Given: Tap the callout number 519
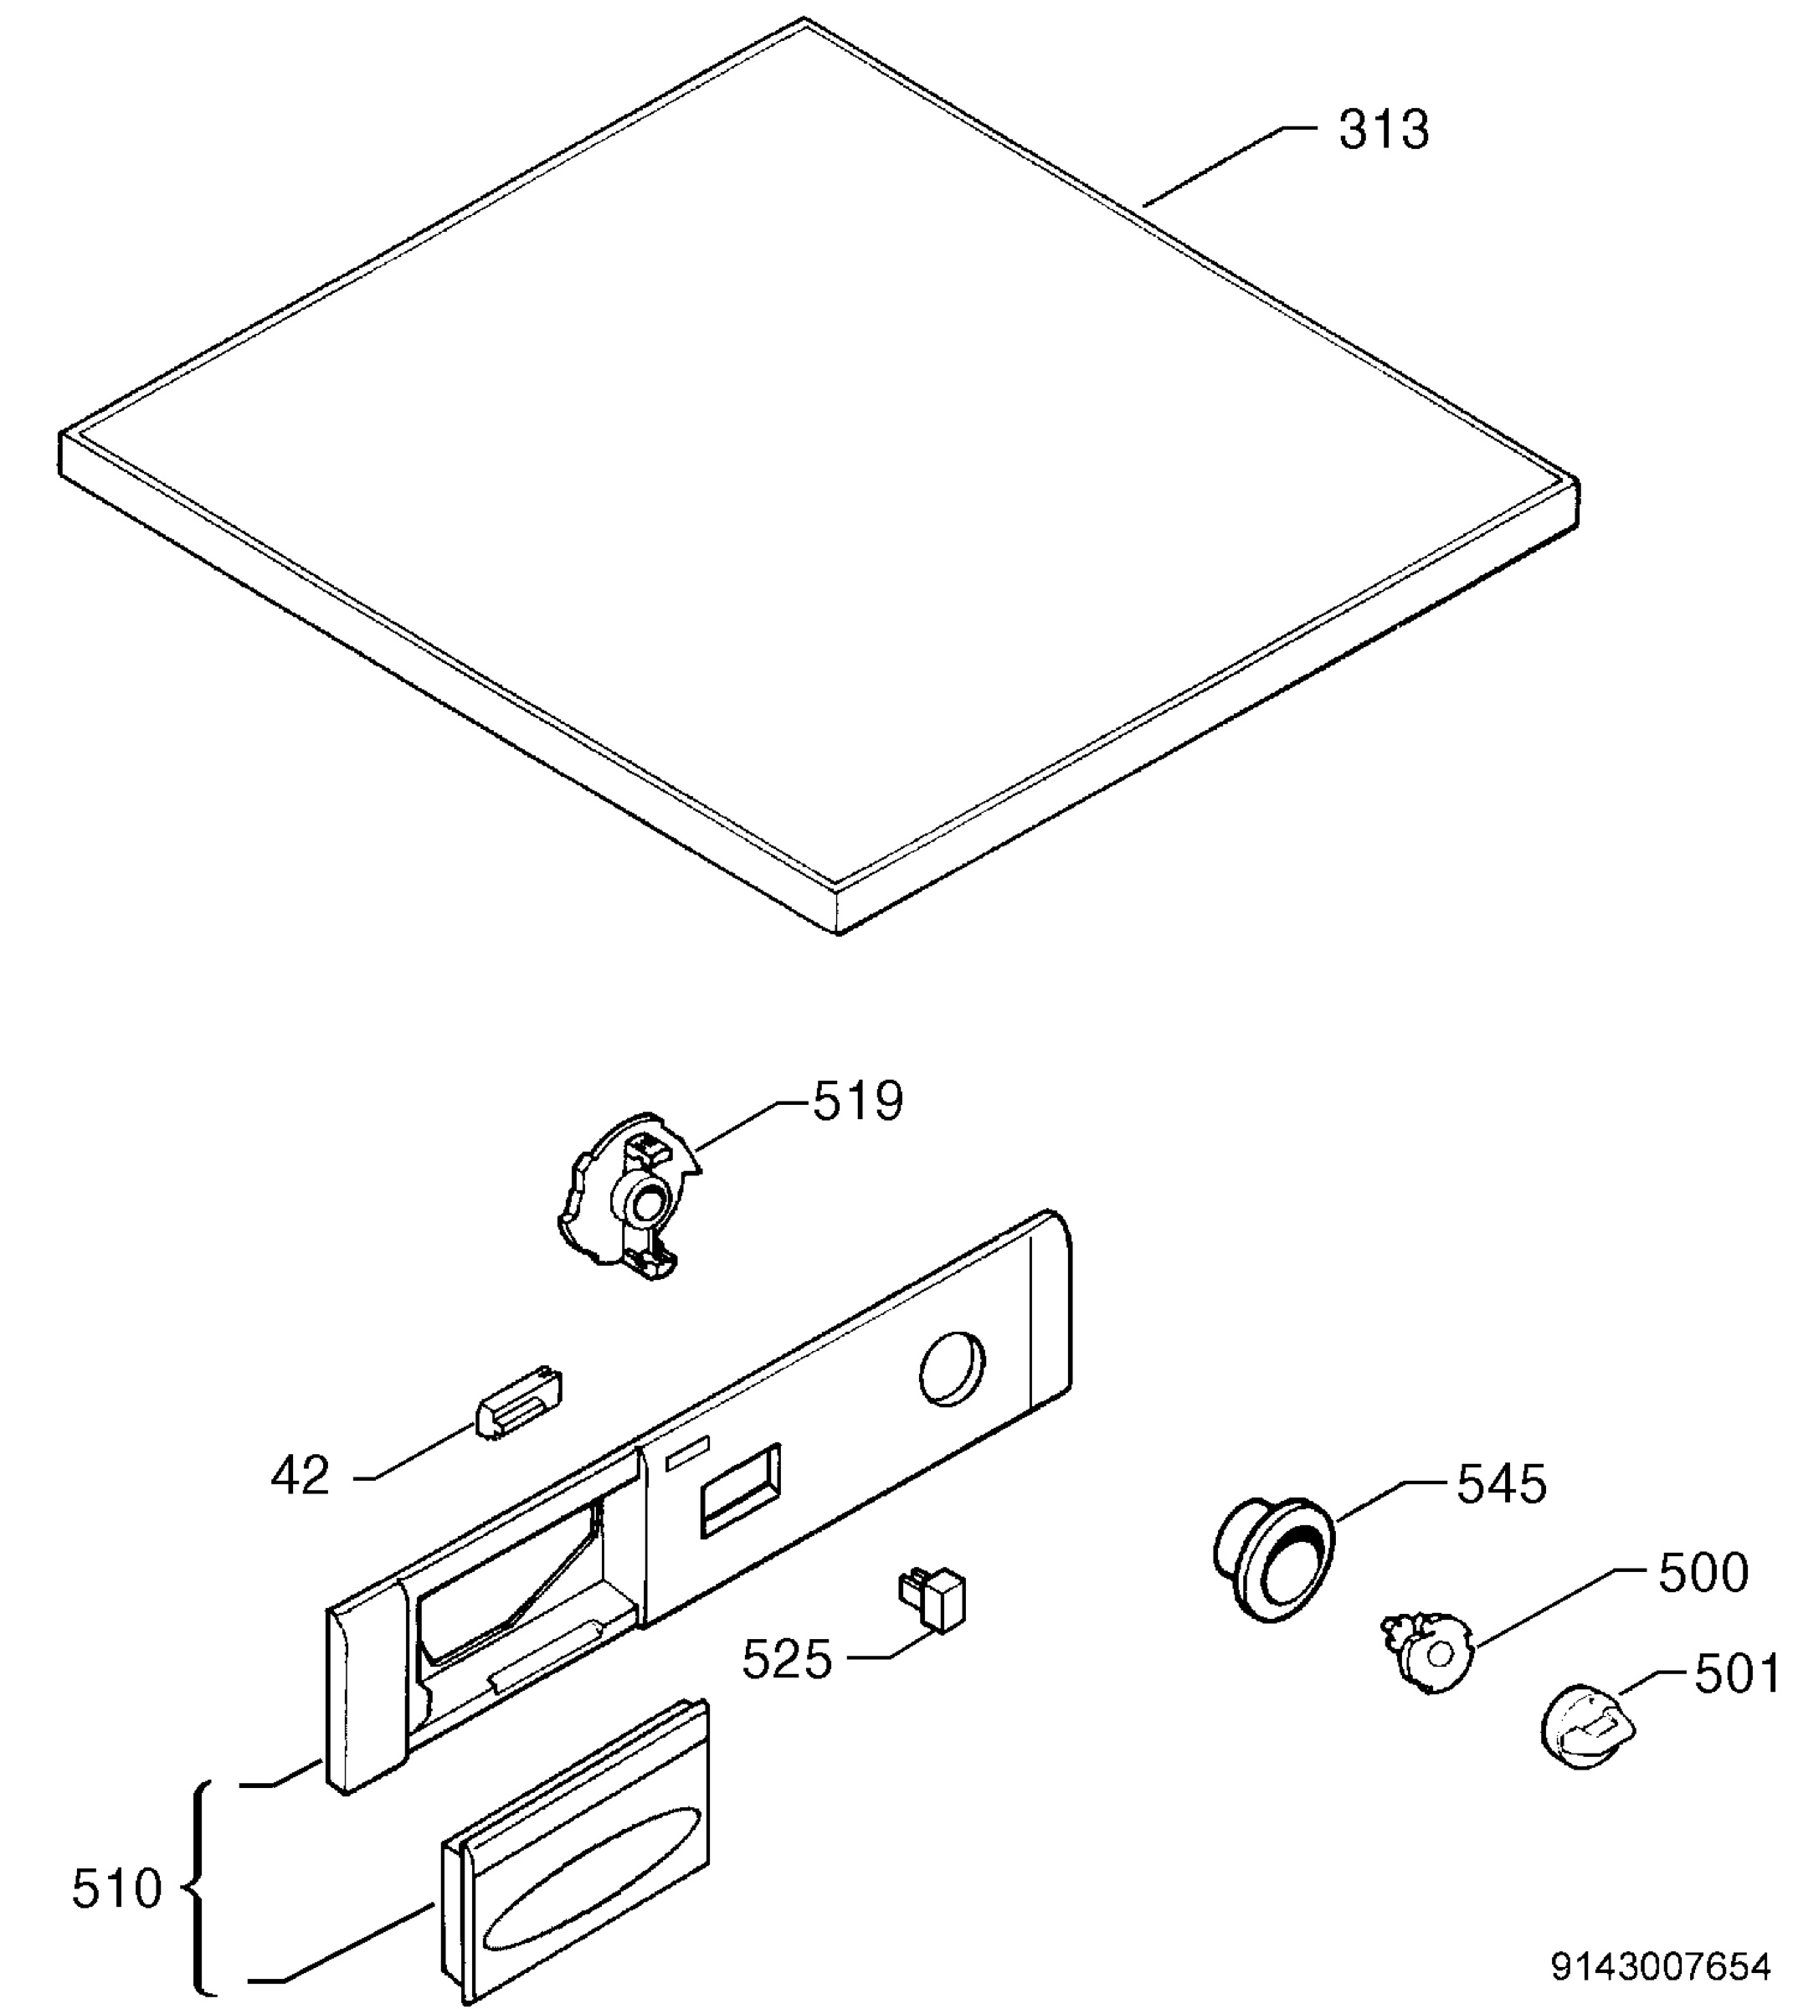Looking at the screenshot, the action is click(856, 1102).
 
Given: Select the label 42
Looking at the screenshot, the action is click(301, 1476).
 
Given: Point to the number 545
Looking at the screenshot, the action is click(1502, 1484).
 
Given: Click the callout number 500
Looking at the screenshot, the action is click(1703, 1574).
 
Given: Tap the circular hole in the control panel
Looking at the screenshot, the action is click(953, 1369).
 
